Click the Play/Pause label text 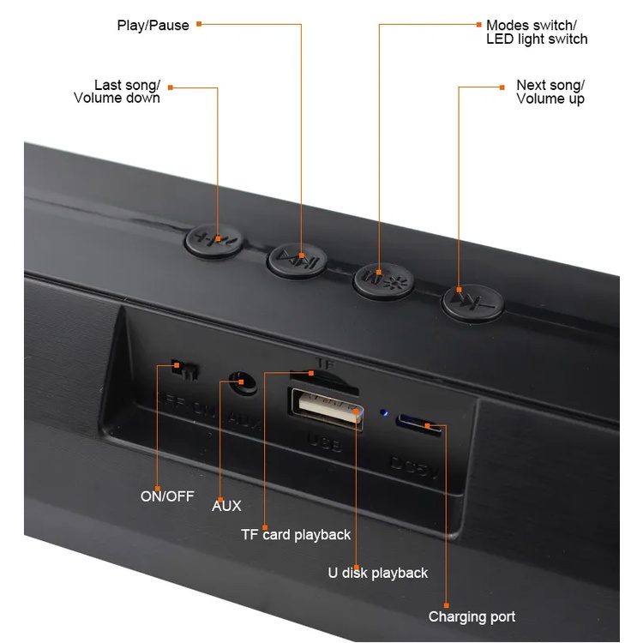tap(153, 25)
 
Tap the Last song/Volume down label tap(127, 92)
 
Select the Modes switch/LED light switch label tap(536, 33)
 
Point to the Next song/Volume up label tap(550, 92)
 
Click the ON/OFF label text tap(167, 496)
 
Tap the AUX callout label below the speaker tap(226, 506)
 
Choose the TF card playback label tap(296, 534)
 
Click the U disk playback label tap(377, 572)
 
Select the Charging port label tap(472, 616)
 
